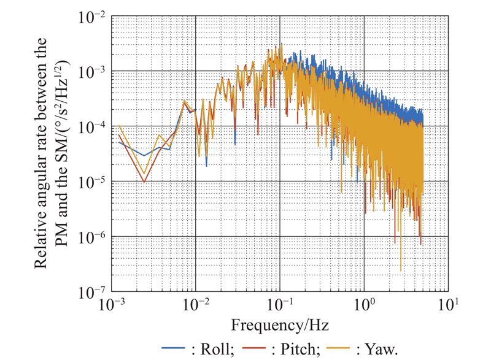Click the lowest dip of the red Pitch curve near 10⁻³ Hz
tap(144, 182)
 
